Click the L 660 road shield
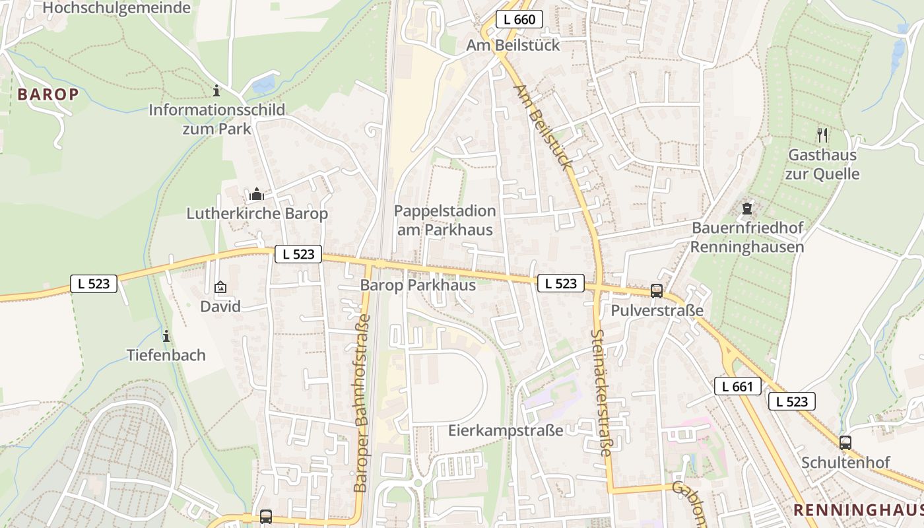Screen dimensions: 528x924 pyautogui.click(x=519, y=20)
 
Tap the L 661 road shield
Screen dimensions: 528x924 pyautogui.click(x=737, y=386)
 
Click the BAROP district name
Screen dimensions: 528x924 pyautogui.click(x=48, y=94)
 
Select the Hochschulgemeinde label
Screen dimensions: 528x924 pyautogui.click(x=116, y=8)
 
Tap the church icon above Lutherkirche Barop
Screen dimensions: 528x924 pyautogui.click(x=257, y=194)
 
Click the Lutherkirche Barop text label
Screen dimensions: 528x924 pyautogui.click(x=257, y=214)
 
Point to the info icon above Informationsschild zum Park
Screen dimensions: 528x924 pyautogui.click(x=216, y=91)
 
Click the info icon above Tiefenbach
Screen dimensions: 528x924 pyautogui.click(x=166, y=336)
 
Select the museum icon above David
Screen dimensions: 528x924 pyautogui.click(x=220, y=287)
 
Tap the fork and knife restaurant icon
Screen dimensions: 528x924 pyautogui.click(x=822, y=135)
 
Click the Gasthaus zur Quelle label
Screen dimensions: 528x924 pyautogui.click(x=822, y=164)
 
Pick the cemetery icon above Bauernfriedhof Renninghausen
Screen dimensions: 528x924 pyautogui.click(x=746, y=209)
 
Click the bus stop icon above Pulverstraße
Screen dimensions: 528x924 pyautogui.click(x=656, y=290)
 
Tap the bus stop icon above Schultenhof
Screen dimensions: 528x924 pyautogui.click(x=845, y=442)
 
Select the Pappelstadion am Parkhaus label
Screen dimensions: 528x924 pyautogui.click(x=445, y=220)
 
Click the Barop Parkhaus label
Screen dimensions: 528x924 pyautogui.click(x=418, y=285)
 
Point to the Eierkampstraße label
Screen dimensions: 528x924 pyautogui.click(x=506, y=430)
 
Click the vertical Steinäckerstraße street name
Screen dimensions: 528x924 pyautogui.click(x=602, y=393)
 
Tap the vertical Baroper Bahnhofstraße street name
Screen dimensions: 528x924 pyautogui.click(x=362, y=403)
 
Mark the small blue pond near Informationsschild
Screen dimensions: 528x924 pyautogui.click(x=263, y=84)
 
